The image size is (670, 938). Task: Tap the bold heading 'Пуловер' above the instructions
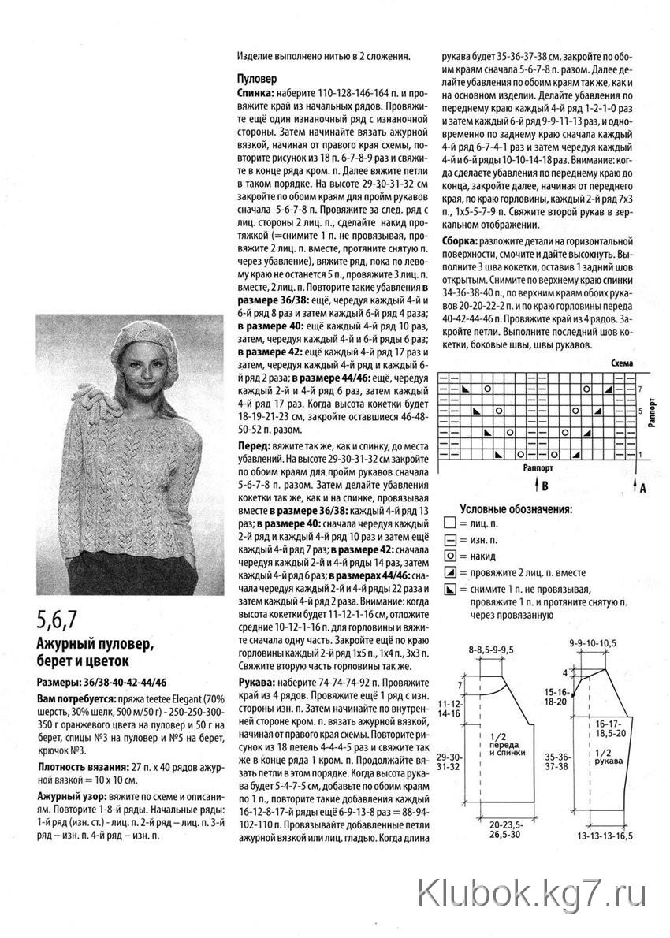257,79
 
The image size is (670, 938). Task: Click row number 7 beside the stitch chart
641,389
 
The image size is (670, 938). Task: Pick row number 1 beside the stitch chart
641,454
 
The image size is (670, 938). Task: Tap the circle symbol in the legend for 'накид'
450,556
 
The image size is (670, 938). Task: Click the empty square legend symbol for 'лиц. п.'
450,523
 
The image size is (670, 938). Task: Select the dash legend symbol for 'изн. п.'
450,540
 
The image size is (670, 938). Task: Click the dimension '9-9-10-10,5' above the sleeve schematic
592,644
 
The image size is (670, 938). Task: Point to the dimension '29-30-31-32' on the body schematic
450,760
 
